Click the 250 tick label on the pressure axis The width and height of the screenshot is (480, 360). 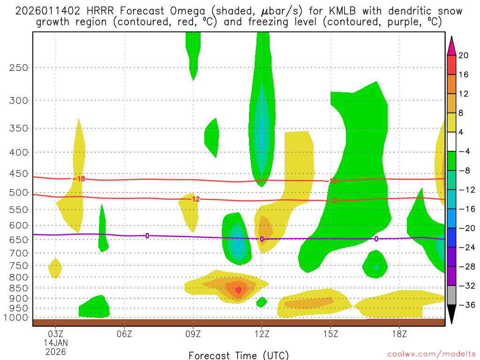19,67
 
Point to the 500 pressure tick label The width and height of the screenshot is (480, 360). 19,193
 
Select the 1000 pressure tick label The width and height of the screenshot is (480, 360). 16,318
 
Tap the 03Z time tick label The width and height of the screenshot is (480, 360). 56,335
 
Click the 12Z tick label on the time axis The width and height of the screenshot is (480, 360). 262,335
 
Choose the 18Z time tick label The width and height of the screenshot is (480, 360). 399,335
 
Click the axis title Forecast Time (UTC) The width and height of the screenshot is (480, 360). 239,355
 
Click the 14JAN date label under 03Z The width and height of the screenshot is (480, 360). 56,343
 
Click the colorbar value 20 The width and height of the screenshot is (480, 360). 463,55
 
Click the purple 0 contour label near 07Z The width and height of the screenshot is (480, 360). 147,236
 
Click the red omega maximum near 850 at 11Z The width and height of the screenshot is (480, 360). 238,291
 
